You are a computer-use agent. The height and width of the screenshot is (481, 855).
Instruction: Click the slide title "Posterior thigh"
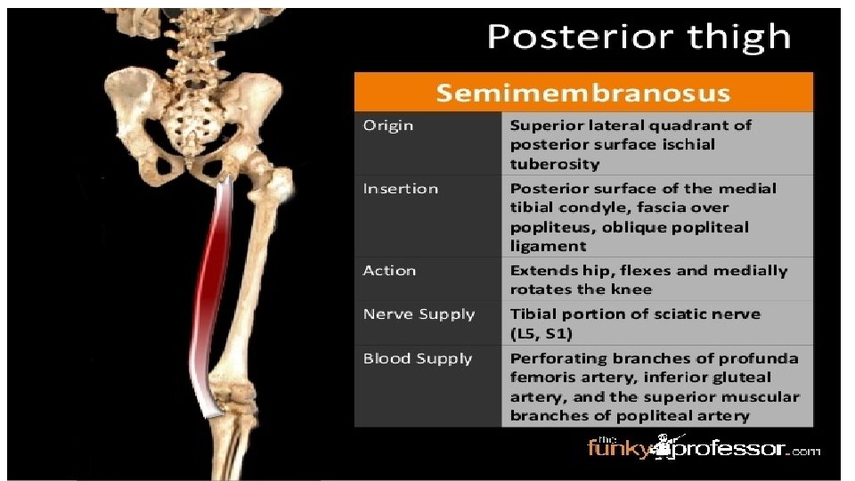(638, 37)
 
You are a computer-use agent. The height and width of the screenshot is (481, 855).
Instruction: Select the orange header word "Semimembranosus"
(583, 93)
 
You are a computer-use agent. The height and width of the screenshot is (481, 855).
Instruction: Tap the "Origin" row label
(388, 126)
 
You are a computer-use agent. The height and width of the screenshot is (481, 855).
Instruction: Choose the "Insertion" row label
(401, 189)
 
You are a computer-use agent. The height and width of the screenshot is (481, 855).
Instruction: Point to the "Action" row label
(389, 271)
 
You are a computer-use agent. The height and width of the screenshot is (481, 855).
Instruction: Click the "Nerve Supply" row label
(419, 314)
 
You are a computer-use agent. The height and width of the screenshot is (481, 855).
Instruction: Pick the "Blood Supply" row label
(418, 359)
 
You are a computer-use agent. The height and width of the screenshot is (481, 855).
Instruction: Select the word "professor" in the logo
(728, 451)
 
